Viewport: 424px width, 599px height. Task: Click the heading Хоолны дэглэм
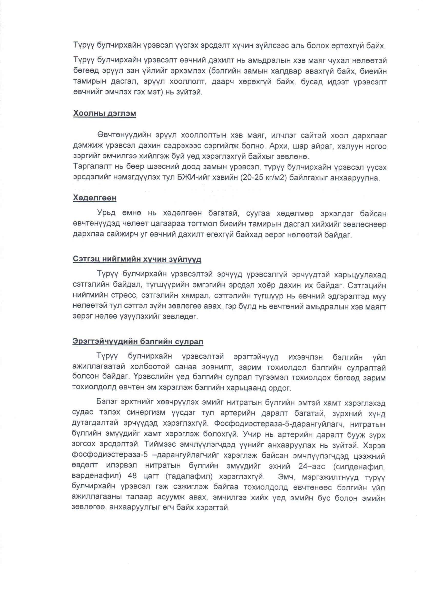104,114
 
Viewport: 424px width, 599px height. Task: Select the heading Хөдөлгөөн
95,198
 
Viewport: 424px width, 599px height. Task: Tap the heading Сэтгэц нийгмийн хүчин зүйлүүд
137,260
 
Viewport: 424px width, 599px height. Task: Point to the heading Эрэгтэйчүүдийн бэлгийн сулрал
138,342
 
